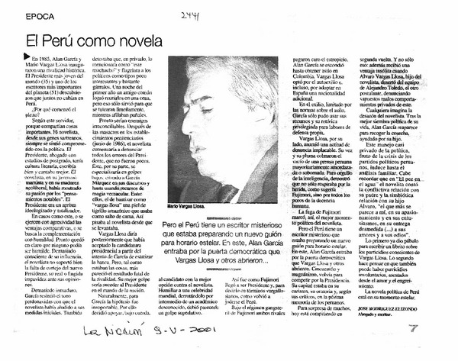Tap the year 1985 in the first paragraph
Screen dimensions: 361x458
50,57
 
